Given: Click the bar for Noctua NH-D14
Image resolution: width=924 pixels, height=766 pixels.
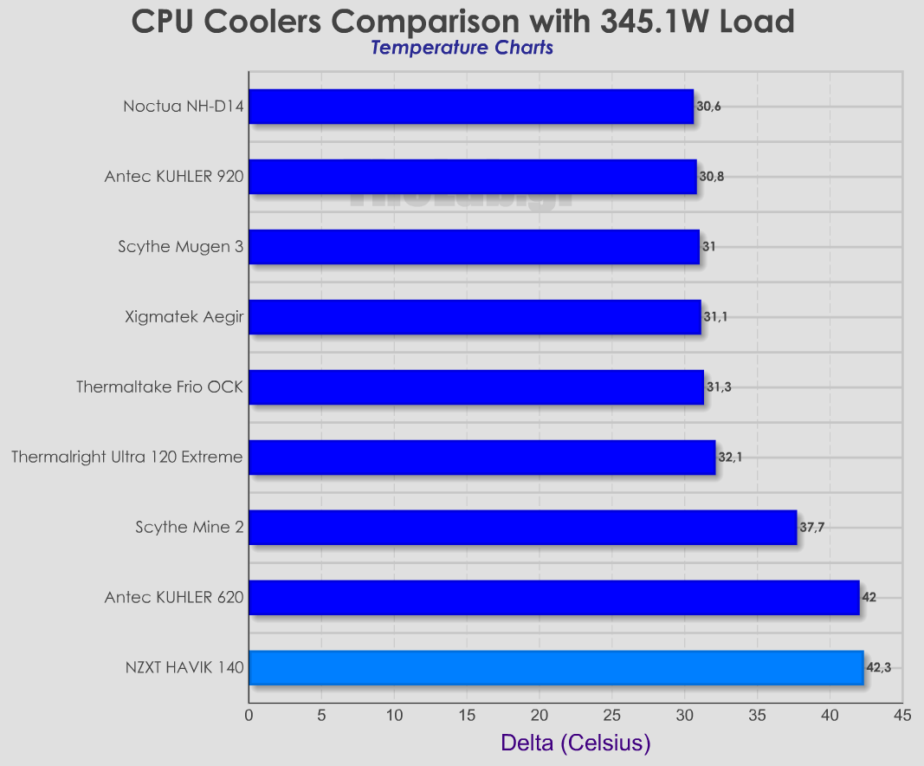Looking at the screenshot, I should point(471,107).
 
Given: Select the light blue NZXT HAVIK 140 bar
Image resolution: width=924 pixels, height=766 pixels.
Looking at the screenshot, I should point(556,667).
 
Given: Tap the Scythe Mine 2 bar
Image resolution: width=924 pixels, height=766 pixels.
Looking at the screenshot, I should point(522,527).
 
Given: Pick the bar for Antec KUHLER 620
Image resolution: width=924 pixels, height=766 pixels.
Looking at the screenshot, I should point(554,597).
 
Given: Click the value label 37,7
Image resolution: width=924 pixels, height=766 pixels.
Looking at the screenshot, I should point(812,527).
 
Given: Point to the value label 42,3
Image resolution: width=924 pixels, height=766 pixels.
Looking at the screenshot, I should point(878,667).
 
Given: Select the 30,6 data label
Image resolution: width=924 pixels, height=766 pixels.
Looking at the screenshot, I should point(708,107).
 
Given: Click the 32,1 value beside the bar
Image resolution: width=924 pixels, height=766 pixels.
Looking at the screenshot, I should point(730,457).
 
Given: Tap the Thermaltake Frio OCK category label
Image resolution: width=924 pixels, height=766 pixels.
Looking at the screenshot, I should point(159,386).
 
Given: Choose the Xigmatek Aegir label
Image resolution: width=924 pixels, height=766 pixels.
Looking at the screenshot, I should point(184,316).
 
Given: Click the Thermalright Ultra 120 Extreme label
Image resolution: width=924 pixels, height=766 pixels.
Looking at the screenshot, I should point(127,457).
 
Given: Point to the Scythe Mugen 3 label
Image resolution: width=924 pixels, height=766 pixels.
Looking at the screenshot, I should point(180,247).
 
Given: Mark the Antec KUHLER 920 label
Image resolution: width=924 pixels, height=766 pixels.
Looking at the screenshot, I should point(173,177).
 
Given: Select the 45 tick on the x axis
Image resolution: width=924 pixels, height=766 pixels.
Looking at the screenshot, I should point(902,716).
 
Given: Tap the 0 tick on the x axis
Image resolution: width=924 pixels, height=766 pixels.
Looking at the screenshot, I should point(249,716).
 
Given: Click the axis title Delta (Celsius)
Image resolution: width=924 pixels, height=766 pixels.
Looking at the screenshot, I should point(575,743).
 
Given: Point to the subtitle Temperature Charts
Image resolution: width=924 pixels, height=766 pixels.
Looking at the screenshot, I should point(462,48).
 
